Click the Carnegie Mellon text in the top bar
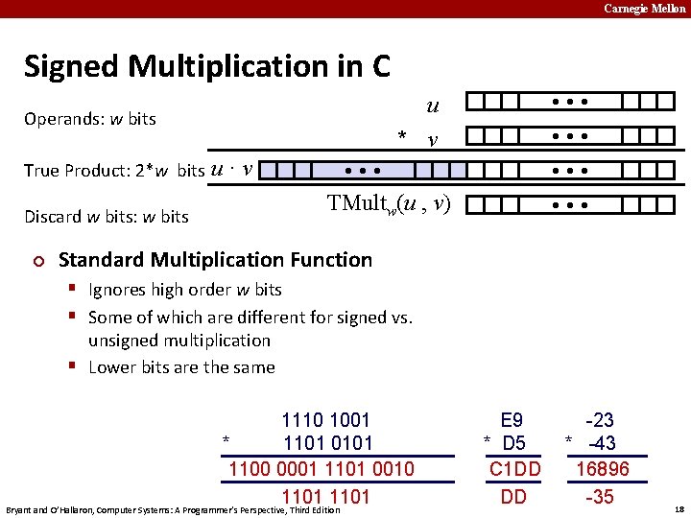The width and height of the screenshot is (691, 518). [644, 9]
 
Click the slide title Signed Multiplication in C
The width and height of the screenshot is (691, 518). [207, 66]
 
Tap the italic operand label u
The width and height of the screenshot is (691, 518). [433, 106]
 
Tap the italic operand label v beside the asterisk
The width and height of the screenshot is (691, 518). [434, 140]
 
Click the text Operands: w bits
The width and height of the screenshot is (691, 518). [90, 119]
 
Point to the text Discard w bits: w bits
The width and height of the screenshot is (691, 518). [106, 216]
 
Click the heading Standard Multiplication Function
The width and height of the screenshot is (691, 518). [215, 259]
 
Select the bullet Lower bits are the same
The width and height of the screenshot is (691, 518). [181, 366]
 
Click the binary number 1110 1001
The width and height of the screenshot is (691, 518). [325, 420]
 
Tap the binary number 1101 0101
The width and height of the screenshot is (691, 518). [327, 443]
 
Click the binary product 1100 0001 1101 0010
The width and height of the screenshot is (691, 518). [321, 469]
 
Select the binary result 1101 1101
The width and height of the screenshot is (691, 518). [325, 496]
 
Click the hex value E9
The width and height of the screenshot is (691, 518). [512, 420]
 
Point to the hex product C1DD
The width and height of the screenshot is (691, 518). [514, 469]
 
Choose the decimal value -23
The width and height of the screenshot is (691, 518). [600, 420]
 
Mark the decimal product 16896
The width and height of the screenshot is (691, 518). [602, 469]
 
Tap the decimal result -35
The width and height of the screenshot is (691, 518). [600, 496]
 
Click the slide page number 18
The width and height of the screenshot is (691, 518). [679, 508]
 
